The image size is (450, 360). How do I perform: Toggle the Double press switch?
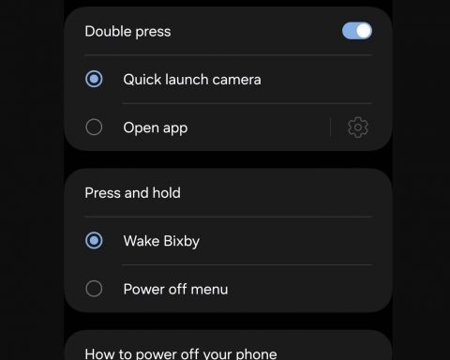point(357,31)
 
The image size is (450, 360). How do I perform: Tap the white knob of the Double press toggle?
point(364,31)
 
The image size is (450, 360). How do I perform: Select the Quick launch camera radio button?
point(94,79)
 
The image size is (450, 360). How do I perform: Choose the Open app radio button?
point(94,127)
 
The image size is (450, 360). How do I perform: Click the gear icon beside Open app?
point(358,127)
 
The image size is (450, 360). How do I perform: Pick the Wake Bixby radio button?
point(94,240)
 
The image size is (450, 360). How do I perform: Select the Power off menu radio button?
point(94,289)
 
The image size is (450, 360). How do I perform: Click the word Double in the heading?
point(108,31)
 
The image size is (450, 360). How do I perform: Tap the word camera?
point(236,80)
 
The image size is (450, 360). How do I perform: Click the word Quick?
point(142,80)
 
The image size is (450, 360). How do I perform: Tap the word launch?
point(187,80)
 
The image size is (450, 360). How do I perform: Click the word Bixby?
point(182,242)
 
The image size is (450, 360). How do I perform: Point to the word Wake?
point(142,241)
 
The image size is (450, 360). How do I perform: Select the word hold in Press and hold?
point(166,192)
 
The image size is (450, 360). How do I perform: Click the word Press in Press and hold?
point(102,193)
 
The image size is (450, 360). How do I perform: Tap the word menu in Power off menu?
point(209,290)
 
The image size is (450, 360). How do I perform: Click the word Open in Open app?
point(142,128)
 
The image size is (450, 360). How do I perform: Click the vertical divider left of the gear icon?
point(330,127)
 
